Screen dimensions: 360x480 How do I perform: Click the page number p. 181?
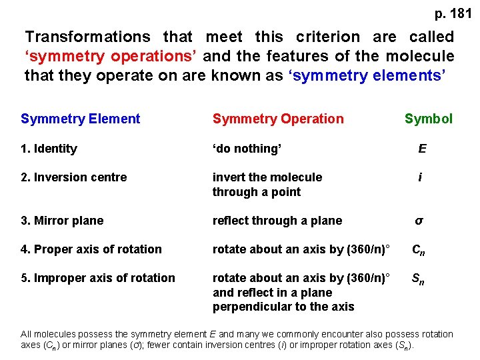(x=453, y=13)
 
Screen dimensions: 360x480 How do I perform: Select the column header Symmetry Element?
(x=81, y=119)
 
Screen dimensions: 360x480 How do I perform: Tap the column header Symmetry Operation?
(x=278, y=119)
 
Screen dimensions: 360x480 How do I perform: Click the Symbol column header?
(x=428, y=119)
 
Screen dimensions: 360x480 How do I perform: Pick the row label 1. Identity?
(x=49, y=149)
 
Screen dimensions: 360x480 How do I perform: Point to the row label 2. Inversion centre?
(x=73, y=177)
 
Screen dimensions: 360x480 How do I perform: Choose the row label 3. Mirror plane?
(x=62, y=221)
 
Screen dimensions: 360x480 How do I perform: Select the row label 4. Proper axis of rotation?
(x=91, y=249)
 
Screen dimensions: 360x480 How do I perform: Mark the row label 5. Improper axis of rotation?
(x=98, y=278)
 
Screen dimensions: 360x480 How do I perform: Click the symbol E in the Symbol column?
(x=422, y=149)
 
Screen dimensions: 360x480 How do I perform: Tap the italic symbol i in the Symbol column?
(x=420, y=177)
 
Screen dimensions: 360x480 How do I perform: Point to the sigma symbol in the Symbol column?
(x=419, y=221)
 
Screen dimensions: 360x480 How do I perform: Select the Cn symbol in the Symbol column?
(x=419, y=250)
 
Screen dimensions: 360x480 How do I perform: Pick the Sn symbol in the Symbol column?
(x=419, y=279)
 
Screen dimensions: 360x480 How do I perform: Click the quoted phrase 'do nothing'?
(x=247, y=149)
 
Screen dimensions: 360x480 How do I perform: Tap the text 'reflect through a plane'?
(x=277, y=221)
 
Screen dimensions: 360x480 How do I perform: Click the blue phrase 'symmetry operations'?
(x=112, y=57)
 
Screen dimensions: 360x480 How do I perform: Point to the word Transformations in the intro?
(x=88, y=37)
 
